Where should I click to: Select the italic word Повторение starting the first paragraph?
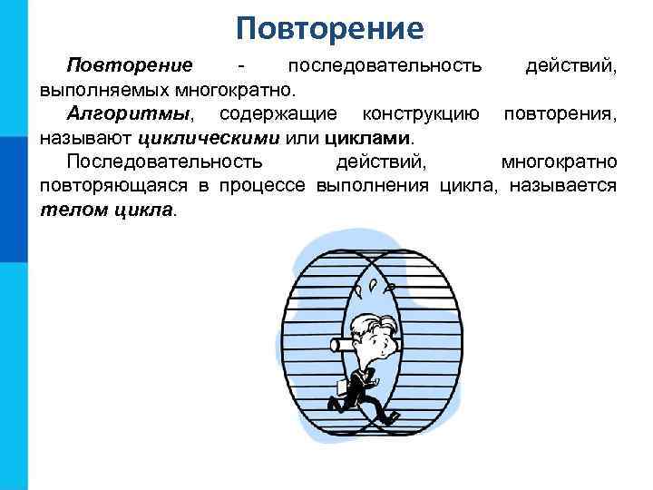tap(130, 66)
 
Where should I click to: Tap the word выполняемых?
tap(94, 91)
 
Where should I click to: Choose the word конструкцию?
tap(420, 115)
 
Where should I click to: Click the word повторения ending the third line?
tap(560, 115)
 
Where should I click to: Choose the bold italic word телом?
tap(68, 211)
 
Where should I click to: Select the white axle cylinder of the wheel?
tap(343, 344)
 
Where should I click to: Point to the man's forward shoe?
tap(391, 417)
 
